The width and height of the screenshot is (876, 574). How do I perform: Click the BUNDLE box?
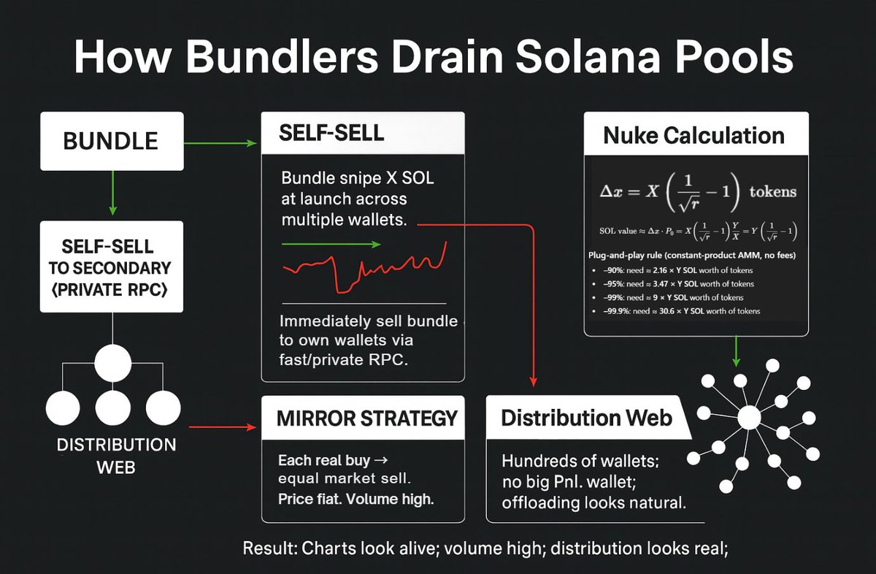[111, 141]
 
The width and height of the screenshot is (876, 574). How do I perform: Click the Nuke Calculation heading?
[693, 135]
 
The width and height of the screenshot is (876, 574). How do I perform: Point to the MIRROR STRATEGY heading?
[367, 418]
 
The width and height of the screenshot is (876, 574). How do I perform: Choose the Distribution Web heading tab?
[586, 418]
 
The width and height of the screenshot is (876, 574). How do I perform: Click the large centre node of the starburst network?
[749, 418]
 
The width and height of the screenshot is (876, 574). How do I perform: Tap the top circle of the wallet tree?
[112, 361]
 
